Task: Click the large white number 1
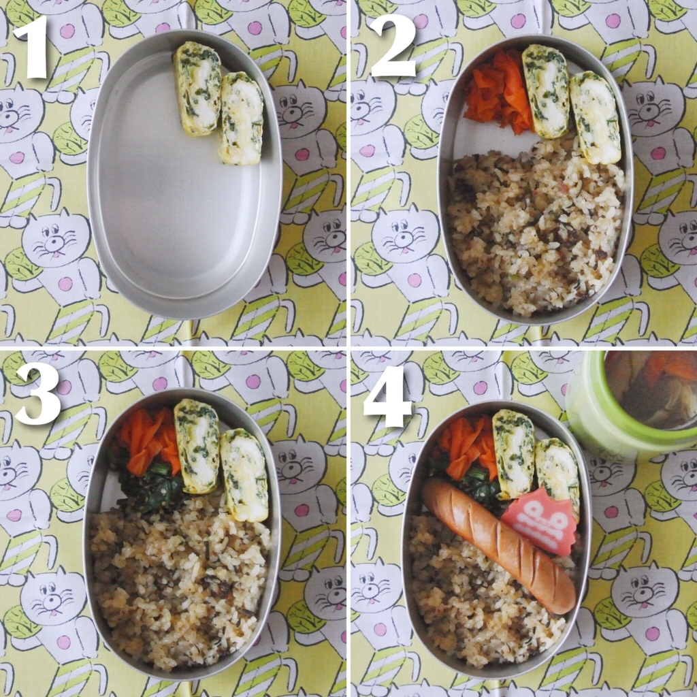[31, 48]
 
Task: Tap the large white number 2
[393, 46]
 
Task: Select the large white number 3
[37, 395]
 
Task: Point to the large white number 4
[388, 397]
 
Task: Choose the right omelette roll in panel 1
[242, 118]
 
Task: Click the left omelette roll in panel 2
[547, 91]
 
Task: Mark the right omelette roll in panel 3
[244, 474]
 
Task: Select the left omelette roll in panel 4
[514, 454]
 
